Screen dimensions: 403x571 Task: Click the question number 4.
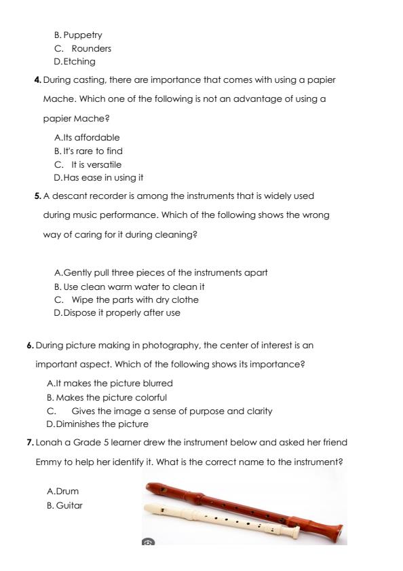click(38, 80)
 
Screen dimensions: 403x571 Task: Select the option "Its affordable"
click(91, 137)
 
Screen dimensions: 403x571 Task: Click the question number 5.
click(38, 196)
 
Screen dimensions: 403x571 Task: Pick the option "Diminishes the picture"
click(97, 424)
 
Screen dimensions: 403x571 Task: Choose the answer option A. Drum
click(62, 490)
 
